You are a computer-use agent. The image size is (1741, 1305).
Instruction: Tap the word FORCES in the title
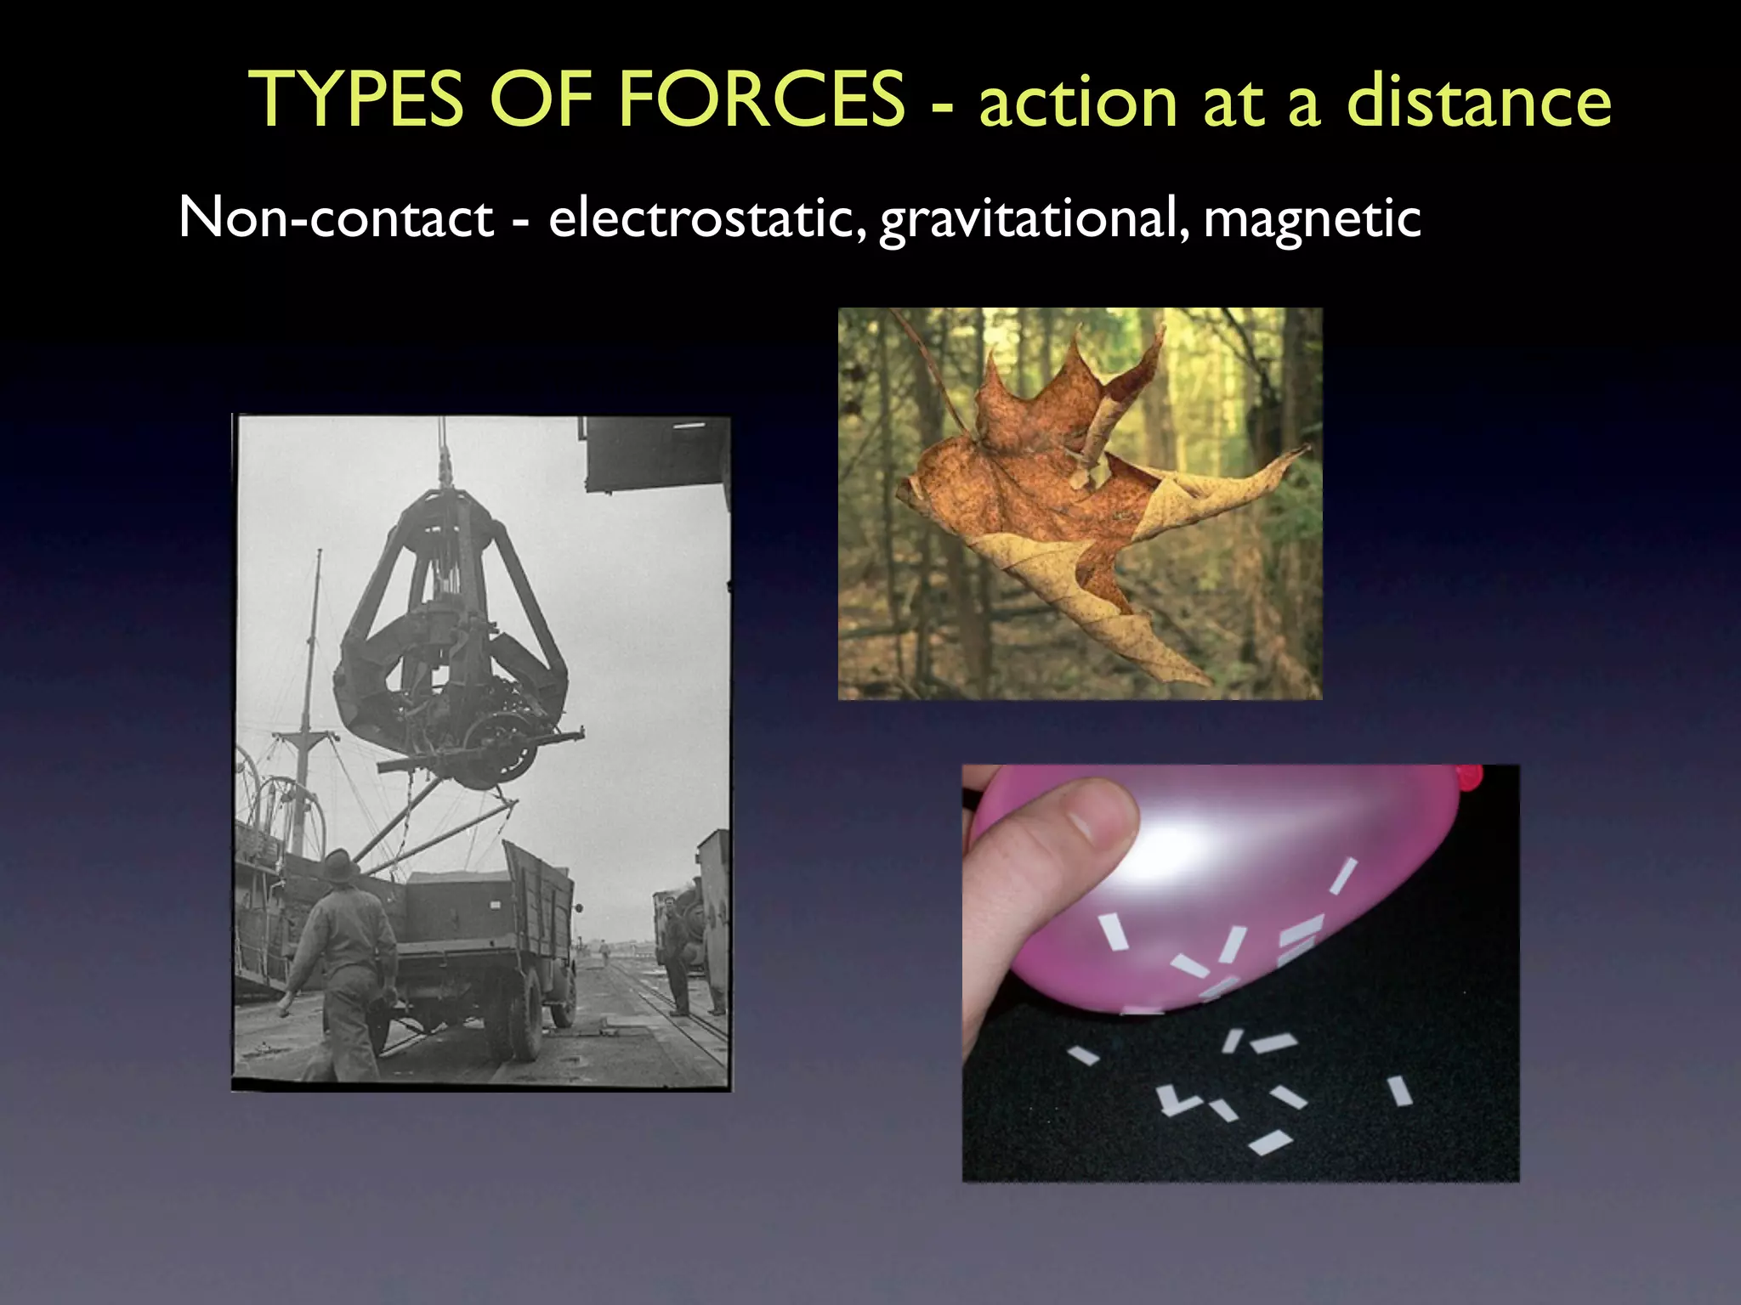[x=761, y=100]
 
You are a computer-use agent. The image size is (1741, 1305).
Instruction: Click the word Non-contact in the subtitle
[x=336, y=217]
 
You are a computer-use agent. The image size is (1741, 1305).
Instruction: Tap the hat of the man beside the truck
[x=340, y=864]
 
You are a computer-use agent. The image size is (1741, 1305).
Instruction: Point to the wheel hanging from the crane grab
[x=502, y=748]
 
